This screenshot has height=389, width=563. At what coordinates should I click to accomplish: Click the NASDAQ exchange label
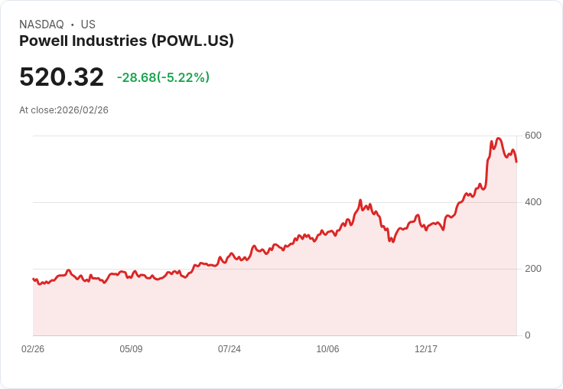coord(41,25)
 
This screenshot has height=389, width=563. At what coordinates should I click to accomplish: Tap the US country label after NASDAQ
coord(88,25)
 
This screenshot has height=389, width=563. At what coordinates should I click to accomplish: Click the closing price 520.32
coord(61,77)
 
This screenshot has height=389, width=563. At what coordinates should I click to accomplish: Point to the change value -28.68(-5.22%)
coord(163,77)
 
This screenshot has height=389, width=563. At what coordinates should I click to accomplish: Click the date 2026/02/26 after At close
coord(83,110)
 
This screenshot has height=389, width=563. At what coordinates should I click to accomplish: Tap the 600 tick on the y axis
coord(532,136)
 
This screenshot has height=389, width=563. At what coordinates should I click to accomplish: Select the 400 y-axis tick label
coord(532,202)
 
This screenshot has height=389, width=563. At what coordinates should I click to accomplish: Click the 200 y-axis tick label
coord(532,269)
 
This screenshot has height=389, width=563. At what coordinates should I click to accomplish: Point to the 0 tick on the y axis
coord(527,335)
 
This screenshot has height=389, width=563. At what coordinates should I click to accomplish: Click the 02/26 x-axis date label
coord(33,349)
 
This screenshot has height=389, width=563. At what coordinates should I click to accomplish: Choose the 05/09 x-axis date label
coord(131,349)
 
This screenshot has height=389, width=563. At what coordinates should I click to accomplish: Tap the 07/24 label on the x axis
coord(229,349)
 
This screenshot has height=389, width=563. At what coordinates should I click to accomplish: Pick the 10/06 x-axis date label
coord(327,349)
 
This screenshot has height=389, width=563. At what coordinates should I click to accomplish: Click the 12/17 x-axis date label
coord(426,349)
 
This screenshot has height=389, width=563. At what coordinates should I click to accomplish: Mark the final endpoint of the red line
coord(516,162)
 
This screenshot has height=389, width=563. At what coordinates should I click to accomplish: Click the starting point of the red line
coord(33,279)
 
